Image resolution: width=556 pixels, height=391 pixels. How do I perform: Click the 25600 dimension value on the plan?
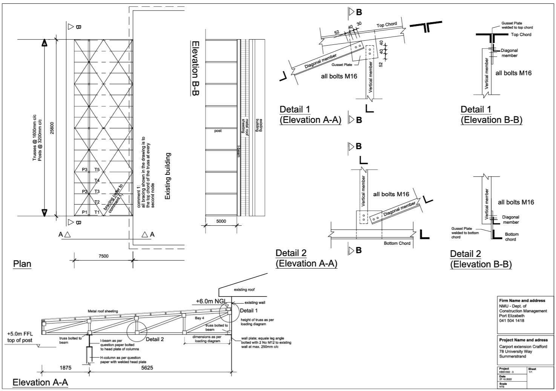[52, 128]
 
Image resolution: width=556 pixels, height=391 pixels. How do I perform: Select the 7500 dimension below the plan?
[103, 256]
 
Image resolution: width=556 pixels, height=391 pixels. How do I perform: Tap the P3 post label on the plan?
[85, 170]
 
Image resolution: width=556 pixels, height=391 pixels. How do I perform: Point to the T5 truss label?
[97, 170]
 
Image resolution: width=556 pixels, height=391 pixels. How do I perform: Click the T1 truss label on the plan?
[97, 212]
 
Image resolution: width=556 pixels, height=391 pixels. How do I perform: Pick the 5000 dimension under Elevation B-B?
[221, 221]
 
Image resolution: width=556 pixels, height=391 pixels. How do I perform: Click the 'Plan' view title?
[22, 264]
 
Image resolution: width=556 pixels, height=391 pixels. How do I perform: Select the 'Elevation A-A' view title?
[40, 382]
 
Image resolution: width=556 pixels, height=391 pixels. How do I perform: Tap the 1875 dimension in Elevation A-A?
[66, 367]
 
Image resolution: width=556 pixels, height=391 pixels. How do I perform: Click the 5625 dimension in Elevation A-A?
[147, 367]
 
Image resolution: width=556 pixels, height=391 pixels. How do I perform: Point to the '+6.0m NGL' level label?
[211, 301]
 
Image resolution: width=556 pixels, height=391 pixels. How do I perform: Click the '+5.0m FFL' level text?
[20, 334]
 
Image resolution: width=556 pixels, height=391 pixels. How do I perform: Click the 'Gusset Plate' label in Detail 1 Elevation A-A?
[342, 65]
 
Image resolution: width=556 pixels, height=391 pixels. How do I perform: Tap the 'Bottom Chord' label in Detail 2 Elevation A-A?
[397, 243]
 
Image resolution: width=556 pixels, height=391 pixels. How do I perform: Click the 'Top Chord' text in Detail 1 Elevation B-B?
[521, 35]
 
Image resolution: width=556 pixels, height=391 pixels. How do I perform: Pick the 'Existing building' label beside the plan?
[168, 176]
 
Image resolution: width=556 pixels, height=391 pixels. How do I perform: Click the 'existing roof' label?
[244, 290]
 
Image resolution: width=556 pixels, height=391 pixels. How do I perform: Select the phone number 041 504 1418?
[512, 321]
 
